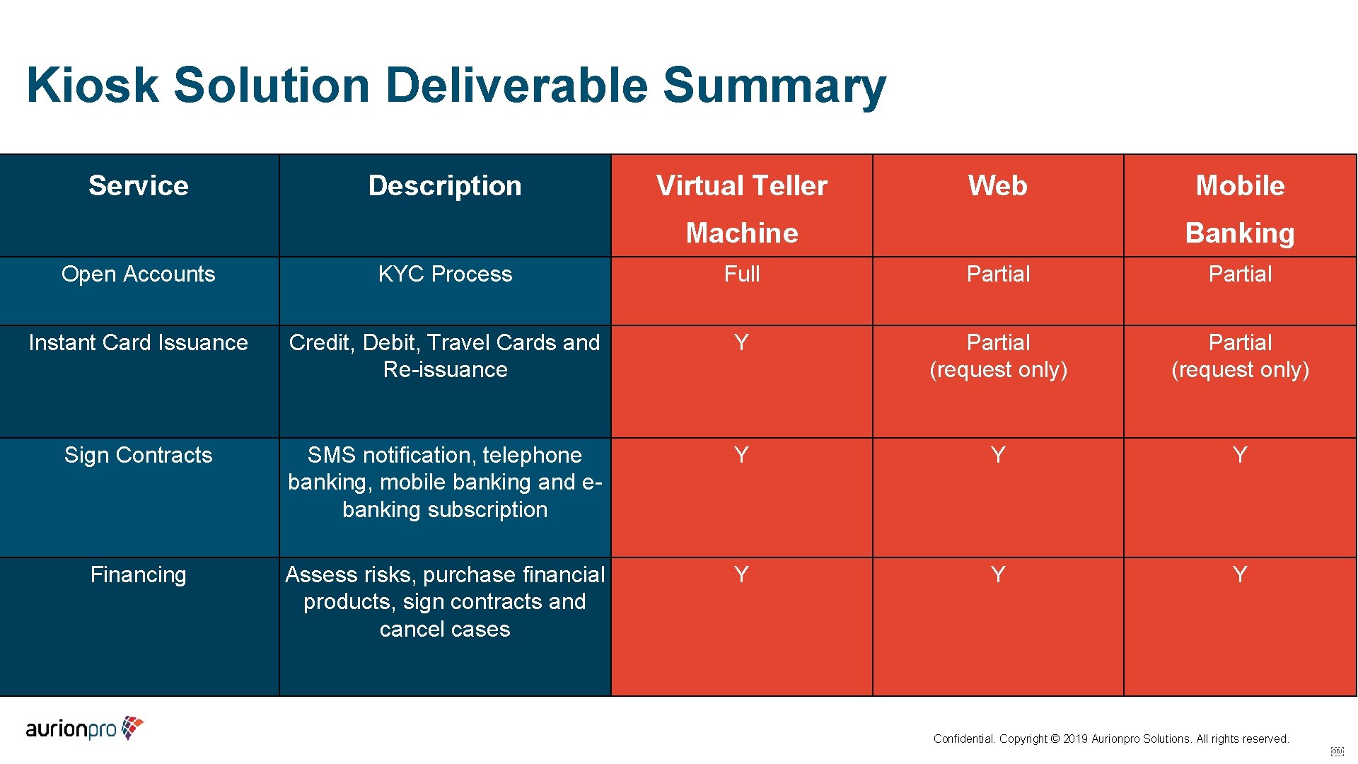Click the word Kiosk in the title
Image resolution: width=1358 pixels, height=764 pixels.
point(93,85)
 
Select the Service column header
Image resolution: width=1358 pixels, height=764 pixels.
point(139,185)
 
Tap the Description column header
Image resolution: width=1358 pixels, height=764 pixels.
point(445,185)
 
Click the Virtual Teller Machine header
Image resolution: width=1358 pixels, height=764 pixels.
point(742,209)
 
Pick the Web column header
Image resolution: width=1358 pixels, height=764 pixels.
point(997,185)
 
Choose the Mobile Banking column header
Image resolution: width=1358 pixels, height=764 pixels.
point(1240,209)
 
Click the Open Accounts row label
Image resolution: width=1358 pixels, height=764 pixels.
point(139,274)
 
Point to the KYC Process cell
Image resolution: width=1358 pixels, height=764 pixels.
point(445,274)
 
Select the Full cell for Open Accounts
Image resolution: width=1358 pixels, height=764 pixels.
point(742,274)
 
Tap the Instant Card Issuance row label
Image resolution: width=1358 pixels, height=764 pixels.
point(139,342)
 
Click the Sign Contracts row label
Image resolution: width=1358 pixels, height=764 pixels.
point(139,455)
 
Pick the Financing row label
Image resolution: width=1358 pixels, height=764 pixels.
point(139,574)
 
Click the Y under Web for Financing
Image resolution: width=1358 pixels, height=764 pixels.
point(997,574)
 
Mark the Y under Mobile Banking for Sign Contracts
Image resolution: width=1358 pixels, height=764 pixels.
point(1240,455)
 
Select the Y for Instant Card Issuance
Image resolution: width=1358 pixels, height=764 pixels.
point(741,342)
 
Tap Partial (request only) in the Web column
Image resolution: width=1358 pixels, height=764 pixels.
point(998,356)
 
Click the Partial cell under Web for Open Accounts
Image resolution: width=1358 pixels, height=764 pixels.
point(998,274)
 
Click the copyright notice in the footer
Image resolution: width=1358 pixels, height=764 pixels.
point(1110,739)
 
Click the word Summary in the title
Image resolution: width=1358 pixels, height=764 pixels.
point(774,85)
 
